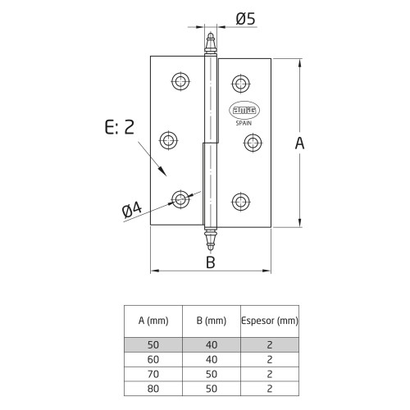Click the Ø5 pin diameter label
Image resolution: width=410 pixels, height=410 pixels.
point(245,19)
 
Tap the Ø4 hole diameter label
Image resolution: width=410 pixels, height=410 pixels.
point(132,210)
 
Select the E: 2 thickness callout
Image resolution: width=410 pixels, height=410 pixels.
point(120,127)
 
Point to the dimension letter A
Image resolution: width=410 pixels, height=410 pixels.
point(299,143)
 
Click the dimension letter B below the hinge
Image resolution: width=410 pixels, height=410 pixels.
point(211,262)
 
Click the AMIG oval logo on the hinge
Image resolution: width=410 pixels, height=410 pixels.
point(244,111)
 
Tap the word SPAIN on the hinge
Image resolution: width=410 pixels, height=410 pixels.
point(244,123)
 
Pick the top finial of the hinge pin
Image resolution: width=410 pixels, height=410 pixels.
point(211,43)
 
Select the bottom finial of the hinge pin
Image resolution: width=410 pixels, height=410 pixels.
point(210,240)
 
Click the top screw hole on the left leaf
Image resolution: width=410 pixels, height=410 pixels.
point(180,81)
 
